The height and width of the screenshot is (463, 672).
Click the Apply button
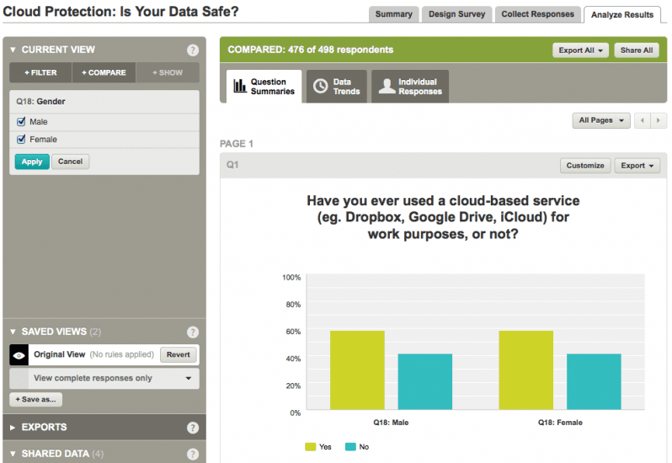(32, 162)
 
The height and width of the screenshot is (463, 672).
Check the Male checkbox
(22, 122)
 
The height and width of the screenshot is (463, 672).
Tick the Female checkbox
(22, 140)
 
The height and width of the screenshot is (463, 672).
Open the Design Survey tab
(456, 14)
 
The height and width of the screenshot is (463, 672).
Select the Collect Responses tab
(537, 14)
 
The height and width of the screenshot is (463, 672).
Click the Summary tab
(393, 14)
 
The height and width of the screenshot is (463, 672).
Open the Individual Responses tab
(410, 87)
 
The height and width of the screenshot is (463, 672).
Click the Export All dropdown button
(580, 51)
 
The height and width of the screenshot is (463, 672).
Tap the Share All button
(637, 51)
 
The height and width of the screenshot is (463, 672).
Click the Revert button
(178, 355)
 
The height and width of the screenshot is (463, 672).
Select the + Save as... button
(36, 400)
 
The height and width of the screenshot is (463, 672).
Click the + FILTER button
(40, 72)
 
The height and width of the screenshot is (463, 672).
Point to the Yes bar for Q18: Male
(357, 370)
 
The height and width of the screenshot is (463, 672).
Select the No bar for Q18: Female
(594, 382)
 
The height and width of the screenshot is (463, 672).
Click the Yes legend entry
(317, 446)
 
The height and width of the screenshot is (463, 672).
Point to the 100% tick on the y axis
(291, 277)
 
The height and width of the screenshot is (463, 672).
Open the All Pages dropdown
(600, 120)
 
